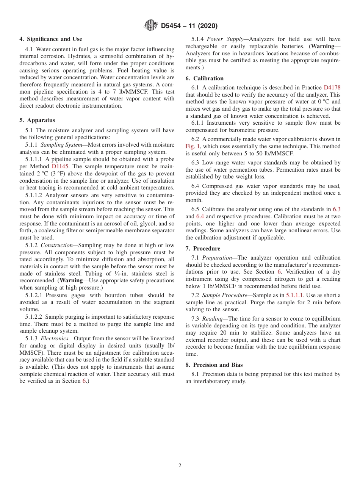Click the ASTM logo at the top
pyautogui.click(x=151, y=26)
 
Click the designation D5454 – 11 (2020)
pyautogui.click(x=189, y=26)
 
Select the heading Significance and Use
pyautogui.click(x=51, y=39)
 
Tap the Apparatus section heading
pyautogui.click(x=37, y=120)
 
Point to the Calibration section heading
pyautogui.click(x=205, y=78)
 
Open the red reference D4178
pyautogui.click(x=332, y=88)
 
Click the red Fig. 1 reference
pyautogui.click(x=192, y=146)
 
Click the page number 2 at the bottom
pyautogui.click(x=180, y=466)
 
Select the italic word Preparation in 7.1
pyautogui.click(x=217, y=258)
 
